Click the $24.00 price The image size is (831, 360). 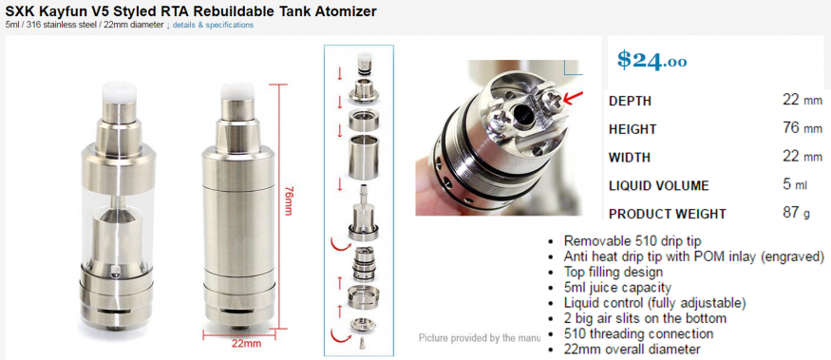[x=652, y=61]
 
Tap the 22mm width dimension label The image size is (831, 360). [x=246, y=343]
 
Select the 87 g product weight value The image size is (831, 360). [x=796, y=213]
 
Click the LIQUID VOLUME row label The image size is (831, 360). [x=659, y=186]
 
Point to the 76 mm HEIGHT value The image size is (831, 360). [x=803, y=128]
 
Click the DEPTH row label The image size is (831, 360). [x=631, y=101]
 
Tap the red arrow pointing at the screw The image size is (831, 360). [x=573, y=97]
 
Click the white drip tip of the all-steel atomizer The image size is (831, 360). [x=236, y=90]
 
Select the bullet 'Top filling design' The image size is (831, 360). [x=614, y=272]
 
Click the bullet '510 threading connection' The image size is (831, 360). [x=638, y=334]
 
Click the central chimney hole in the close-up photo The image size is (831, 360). [x=520, y=108]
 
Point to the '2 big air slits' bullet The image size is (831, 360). [x=645, y=318]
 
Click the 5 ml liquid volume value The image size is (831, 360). [x=794, y=185]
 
